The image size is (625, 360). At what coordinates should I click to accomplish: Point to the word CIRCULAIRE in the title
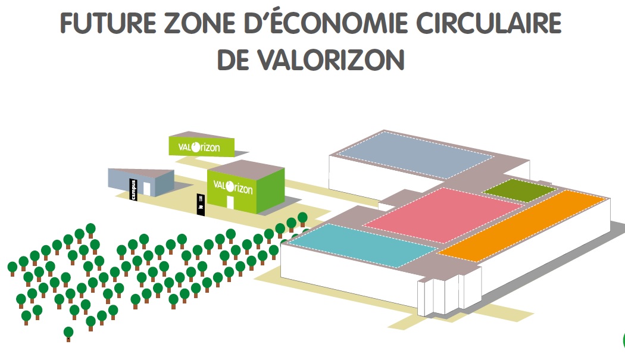(489, 23)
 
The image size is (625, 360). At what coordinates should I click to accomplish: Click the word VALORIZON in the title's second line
(331, 60)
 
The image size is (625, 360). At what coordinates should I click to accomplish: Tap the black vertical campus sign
(133, 190)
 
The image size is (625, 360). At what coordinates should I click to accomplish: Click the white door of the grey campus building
(146, 189)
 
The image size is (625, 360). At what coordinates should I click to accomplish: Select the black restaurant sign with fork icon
(201, 205)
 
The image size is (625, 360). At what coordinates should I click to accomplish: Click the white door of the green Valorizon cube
(230, 202)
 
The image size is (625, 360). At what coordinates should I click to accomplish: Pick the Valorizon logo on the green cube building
(233, 187)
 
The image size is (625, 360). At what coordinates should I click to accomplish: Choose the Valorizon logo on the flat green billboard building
(199, 148)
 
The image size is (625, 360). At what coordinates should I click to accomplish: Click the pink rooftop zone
(443, 214)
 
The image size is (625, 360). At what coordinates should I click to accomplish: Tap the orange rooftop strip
(522, 226)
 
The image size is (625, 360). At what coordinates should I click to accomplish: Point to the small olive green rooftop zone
(520, 190)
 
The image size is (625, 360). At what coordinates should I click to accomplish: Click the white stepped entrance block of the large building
(449, 292)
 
